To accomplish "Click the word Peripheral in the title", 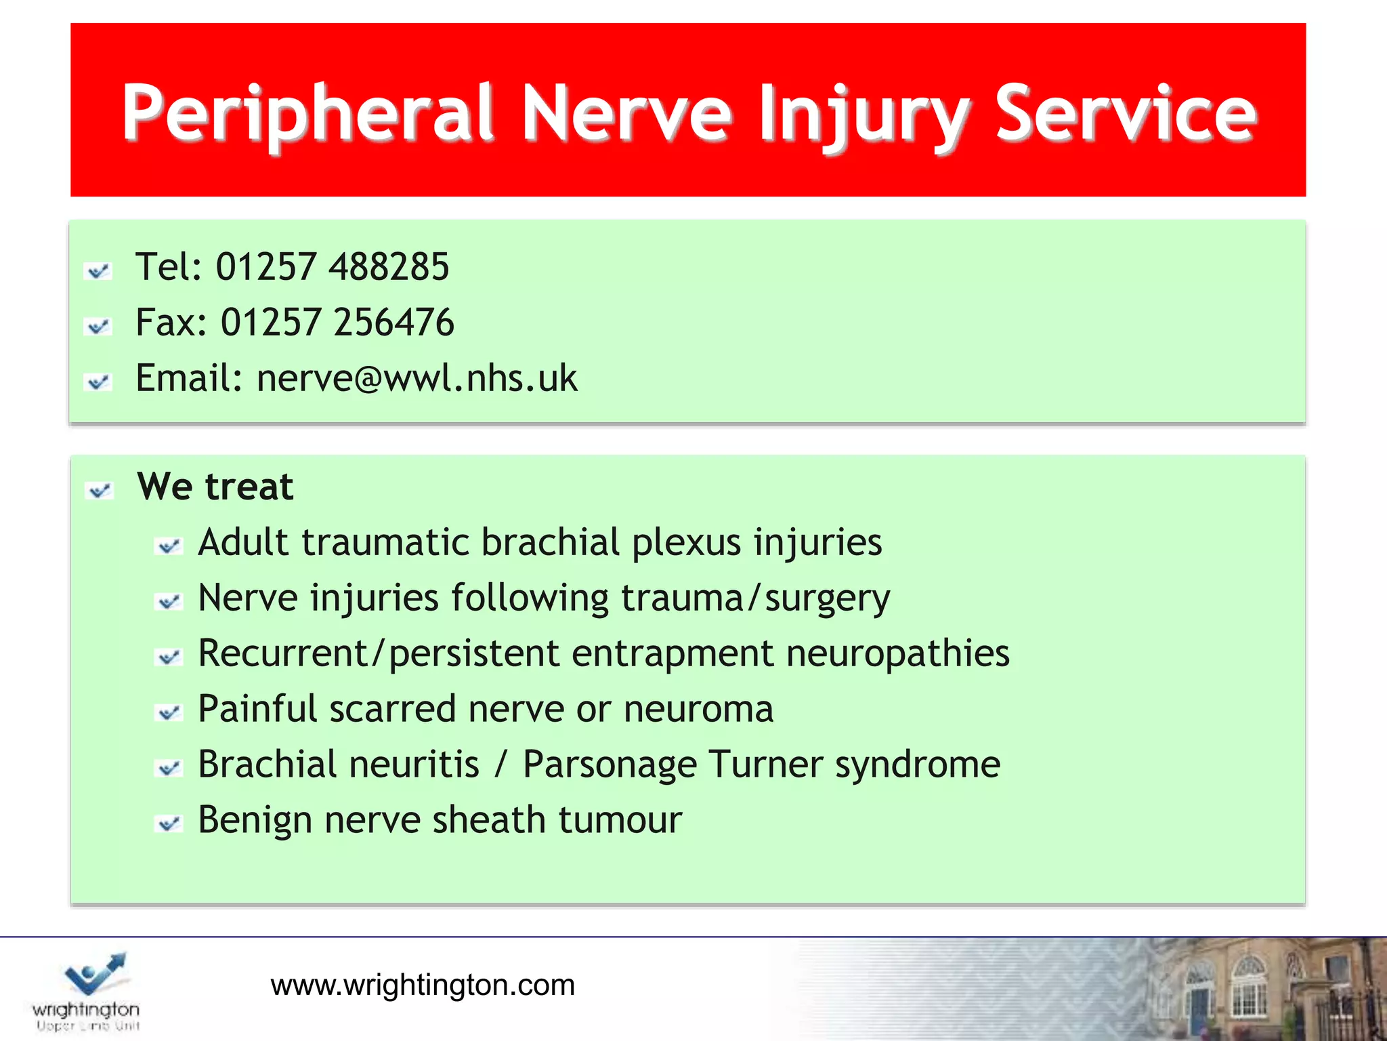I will [x=308, y=113].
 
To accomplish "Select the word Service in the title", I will [x=1126, y=113].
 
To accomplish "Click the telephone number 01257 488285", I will [x=332, y=266].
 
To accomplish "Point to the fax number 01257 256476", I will [x=337, y=322].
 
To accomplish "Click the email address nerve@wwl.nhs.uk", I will [x=417, y=377].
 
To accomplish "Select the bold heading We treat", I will [x=215, y=487].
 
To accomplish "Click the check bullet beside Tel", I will [x=98, y=271].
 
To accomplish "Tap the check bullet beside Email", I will [x=98, y=382].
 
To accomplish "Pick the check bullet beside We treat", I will [x=100, y=491].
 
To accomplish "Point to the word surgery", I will [x=827, y=598].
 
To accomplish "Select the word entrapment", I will [x=672, y=654].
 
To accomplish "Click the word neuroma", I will [x=698, y=710].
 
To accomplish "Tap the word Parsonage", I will [x=610, y=765].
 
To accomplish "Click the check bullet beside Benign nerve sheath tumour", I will [x=169, y=824].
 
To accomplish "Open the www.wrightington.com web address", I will [x=423, y=985].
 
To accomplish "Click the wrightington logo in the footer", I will [x=87, y=990].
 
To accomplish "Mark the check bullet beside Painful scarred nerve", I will [x=169, y=713].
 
